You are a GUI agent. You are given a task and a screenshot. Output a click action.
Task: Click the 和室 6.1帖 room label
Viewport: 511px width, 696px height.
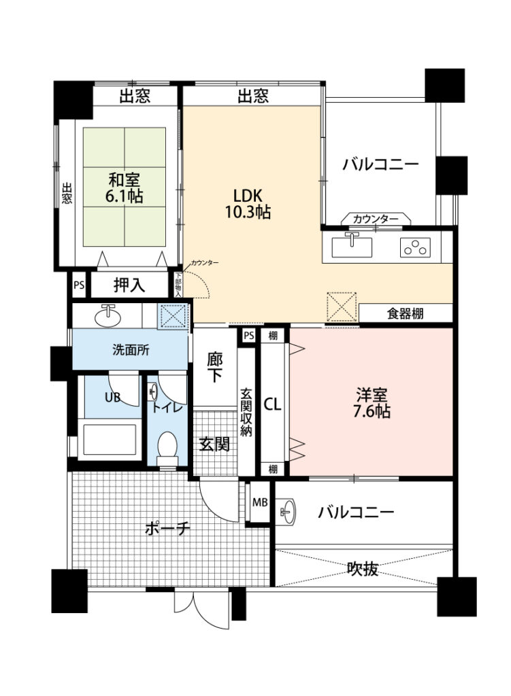point(124,188)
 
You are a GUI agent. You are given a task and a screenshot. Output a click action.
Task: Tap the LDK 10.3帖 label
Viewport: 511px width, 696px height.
point(248,204)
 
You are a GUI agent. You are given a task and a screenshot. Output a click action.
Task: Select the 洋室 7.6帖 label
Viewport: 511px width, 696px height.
point(372,402)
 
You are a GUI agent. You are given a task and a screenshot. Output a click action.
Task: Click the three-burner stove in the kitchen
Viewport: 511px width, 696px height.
point(415,247)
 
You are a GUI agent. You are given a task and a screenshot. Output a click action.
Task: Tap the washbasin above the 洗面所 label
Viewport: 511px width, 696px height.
point(107,315)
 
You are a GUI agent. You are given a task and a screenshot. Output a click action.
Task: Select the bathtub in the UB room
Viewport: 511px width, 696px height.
point(110,440)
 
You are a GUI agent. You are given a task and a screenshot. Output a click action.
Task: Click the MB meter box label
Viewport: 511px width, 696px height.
point(260,502)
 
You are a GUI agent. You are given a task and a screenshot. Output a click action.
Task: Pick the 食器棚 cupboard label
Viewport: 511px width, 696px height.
point(405,313)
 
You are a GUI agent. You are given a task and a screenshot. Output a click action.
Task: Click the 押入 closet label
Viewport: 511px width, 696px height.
point(129,284)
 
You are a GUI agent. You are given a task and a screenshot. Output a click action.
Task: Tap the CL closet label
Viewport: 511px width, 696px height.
point(272,404)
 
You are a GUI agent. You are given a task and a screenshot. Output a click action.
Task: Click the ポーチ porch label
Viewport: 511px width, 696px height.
point(167,528)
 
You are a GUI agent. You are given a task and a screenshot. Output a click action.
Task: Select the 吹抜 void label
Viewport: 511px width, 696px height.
point(363,569)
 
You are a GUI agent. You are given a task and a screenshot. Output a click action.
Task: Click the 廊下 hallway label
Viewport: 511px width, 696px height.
point(215,367)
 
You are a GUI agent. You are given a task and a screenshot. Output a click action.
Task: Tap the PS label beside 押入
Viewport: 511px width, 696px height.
point(79,285)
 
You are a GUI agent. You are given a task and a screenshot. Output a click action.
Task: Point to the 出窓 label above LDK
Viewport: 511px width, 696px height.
point(253,95)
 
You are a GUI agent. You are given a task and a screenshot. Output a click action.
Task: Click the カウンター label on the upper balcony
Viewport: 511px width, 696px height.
point(376,219)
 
